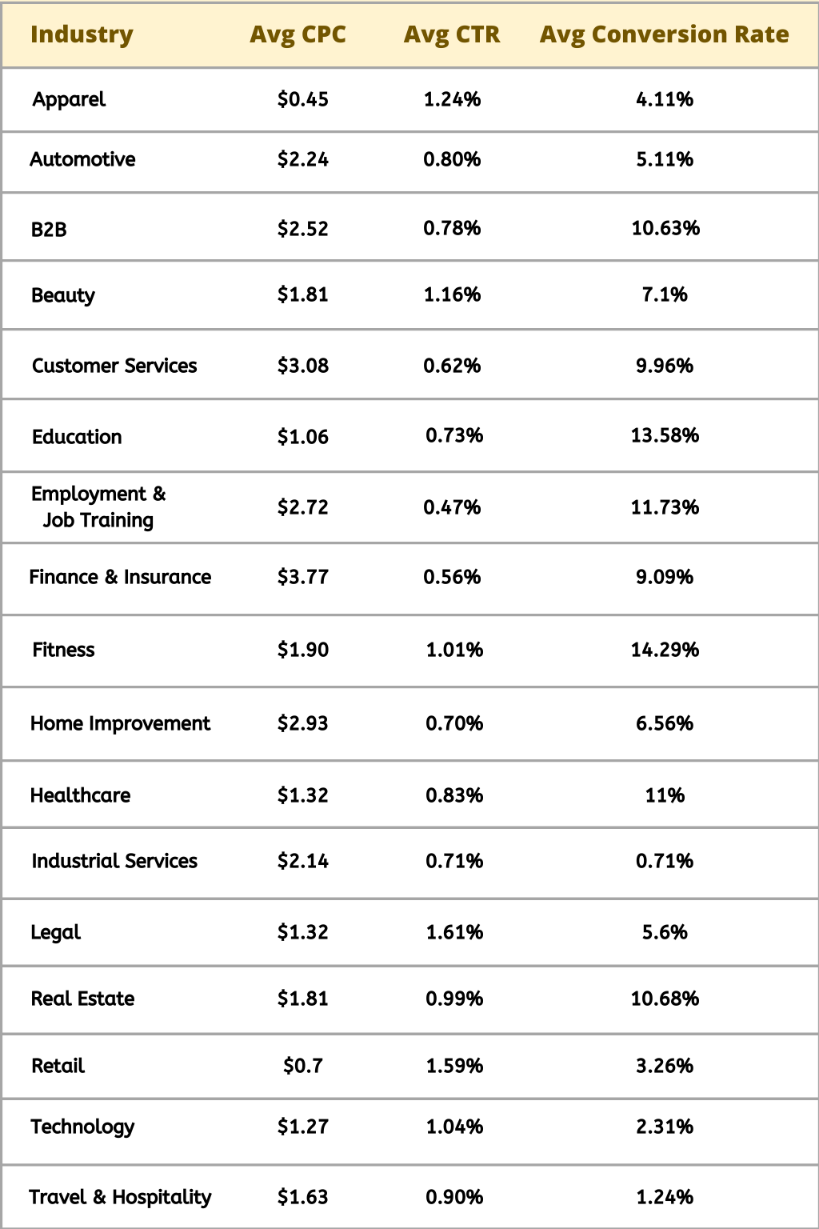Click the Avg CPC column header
[298, 34]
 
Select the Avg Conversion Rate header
[664, 34]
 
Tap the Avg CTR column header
[452, 34]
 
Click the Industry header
[82, 34]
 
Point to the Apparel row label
[69, 99]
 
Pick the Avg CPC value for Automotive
[302, 159]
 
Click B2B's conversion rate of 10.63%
[665, 228]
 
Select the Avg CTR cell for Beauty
[452, 294]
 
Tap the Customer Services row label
[114, 366]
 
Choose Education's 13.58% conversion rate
[665, 435]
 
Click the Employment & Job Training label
[98, 506]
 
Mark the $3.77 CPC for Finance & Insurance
[302, 577]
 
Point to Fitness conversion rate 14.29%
[665, 650]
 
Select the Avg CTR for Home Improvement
[453, 723]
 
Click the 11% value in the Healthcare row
[665, 795]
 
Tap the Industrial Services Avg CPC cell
[302, 861]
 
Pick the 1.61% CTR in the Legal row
[453, 932]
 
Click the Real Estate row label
[82, 999]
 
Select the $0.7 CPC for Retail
[302, 1066]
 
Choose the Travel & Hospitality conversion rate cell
[665, 1197]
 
